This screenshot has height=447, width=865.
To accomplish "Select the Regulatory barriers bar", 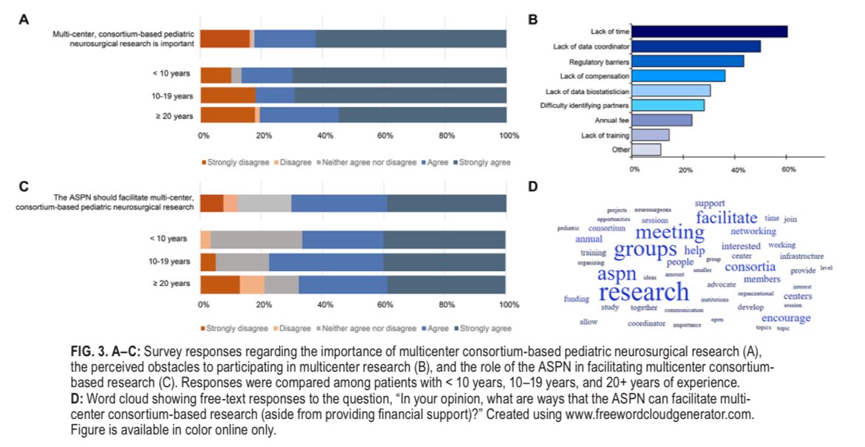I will [688, 61].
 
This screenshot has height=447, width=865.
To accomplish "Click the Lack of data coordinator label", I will [591, 47].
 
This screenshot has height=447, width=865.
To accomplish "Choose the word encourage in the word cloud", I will [786, 318].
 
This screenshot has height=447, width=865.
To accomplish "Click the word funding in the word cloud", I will [577, 299].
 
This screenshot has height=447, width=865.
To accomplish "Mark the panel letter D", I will [533, 185].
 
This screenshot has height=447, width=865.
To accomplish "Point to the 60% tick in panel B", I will [788, 169].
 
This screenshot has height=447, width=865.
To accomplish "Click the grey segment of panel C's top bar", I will [264, 203].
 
